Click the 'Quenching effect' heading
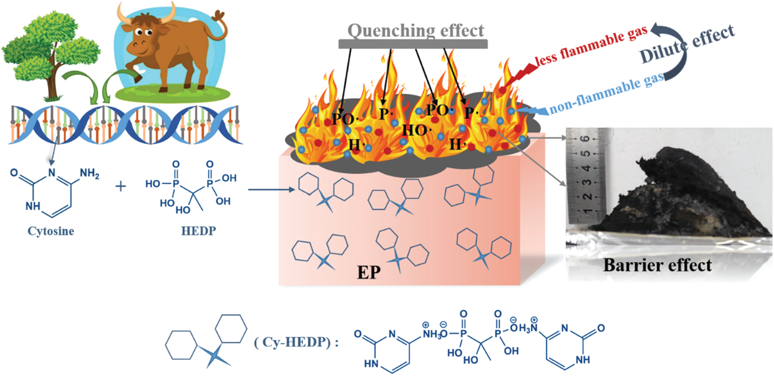(x=415, y=30)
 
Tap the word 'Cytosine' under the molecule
(x=50, y=231)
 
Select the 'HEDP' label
(x=199, y=231)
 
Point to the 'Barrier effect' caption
(x=657, y=265)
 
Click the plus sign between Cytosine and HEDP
(x=120, y=186)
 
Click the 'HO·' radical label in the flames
(x=415, y=130)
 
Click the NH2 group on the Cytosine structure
(x=89, y=173)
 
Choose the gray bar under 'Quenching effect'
(x=413, y=44)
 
